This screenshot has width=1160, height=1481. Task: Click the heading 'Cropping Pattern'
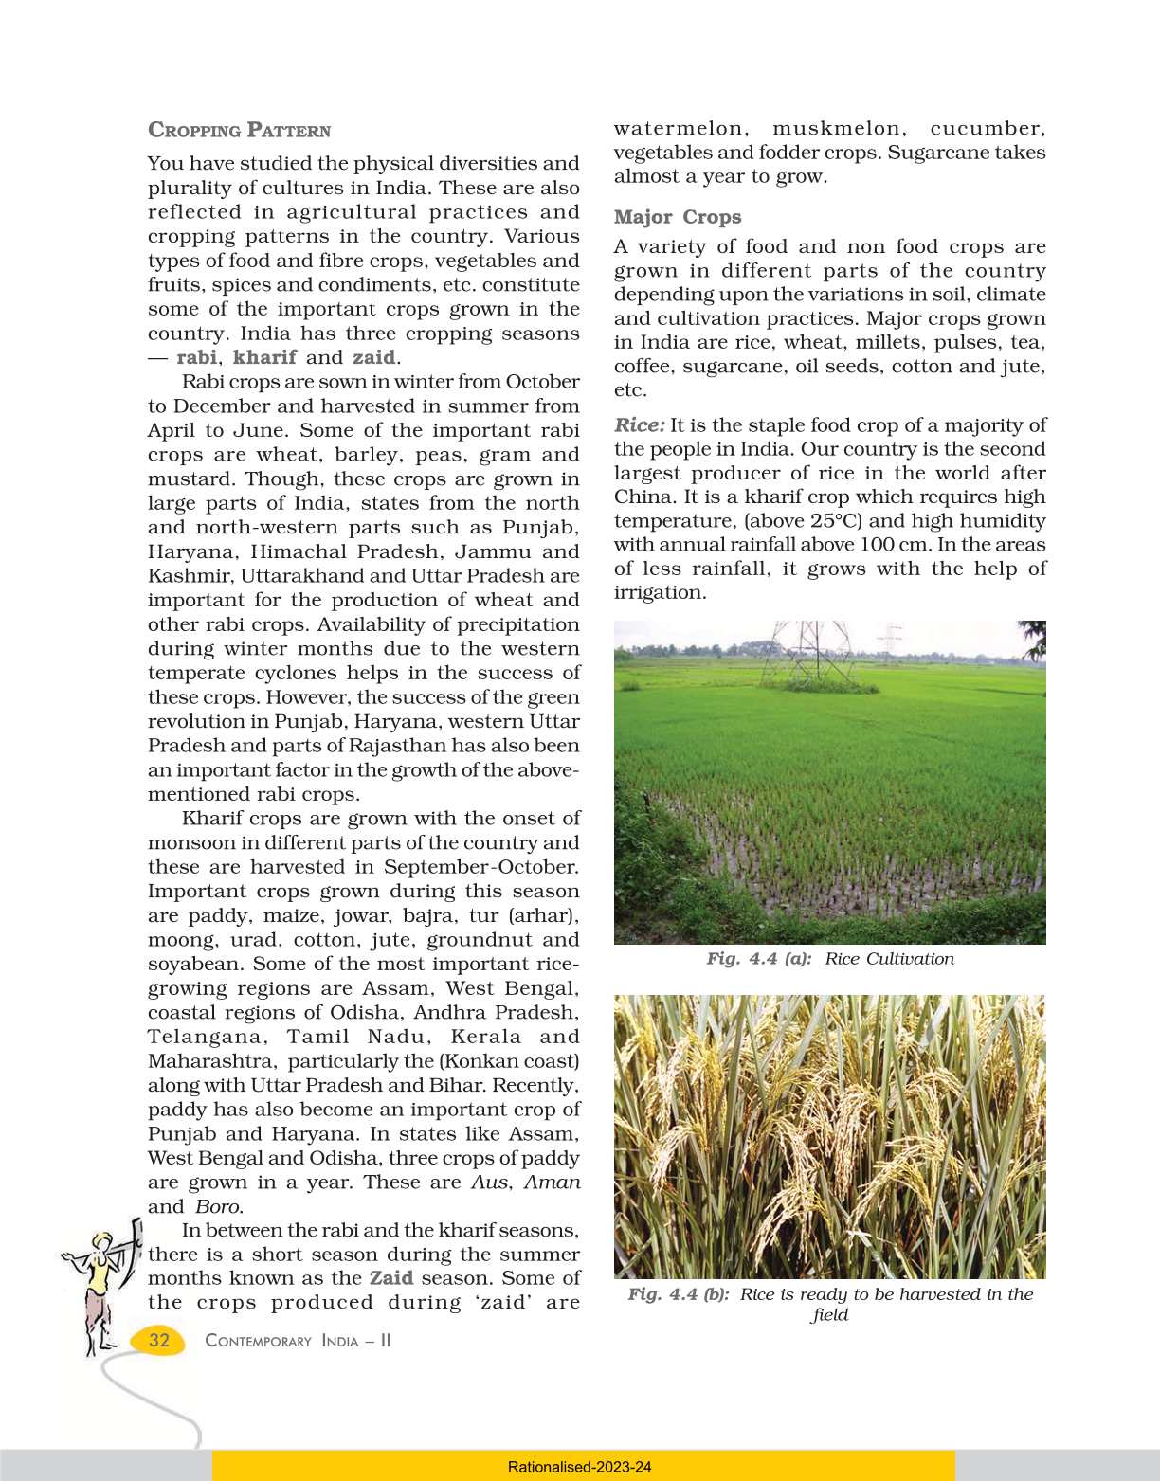pos(240,131)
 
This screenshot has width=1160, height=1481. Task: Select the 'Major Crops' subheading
pos(678,217)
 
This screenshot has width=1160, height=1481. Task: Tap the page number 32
pos(159,1340)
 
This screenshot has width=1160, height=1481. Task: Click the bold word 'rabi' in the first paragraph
pos(196,357)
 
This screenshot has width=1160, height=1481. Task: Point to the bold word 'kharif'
pos(264,357)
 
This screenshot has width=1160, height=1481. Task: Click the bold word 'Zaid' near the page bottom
pos(390,1278)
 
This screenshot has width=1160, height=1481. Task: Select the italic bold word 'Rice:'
pos(640,425)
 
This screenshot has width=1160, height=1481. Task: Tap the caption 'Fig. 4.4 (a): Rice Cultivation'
pos(830,959)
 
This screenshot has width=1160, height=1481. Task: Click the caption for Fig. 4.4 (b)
pos(830,1304)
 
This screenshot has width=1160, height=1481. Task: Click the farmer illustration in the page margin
pos(102,1289)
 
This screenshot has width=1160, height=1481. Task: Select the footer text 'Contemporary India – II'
pos(298,1341)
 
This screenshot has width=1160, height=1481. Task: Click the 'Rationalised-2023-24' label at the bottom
pos(580,1467)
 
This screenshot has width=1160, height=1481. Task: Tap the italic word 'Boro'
pos(218,1206)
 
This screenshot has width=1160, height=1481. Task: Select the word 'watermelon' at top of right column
pos(679,129)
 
